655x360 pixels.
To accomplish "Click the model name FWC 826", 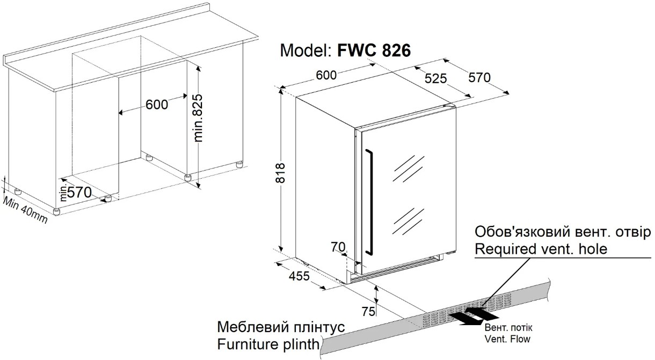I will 374,50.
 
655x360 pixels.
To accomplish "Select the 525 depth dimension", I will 435,79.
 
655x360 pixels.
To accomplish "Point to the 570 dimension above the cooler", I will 479,77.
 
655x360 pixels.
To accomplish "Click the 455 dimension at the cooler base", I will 299,276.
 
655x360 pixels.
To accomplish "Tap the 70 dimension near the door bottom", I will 338,247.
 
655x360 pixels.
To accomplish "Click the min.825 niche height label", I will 200,119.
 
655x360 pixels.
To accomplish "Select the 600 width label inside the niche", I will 157,105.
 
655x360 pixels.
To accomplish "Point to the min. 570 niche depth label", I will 76,193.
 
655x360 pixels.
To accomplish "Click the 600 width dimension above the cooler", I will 326,76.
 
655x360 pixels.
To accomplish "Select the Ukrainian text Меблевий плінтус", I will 281,327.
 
